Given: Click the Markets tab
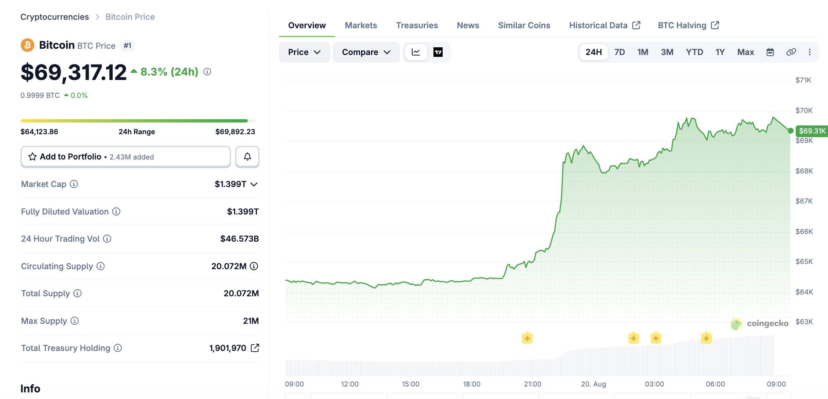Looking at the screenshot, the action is tap(361, 25).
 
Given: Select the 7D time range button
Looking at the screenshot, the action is tap(620, 52).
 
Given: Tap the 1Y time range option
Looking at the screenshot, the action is tap(720, 52).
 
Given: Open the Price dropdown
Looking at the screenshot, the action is tap(304, 52).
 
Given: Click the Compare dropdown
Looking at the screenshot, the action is tap(366, 52).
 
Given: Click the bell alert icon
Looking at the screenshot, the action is tap(247, 157).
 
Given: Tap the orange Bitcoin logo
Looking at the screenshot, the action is tap(28, 45).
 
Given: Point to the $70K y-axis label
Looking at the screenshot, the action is tap(804, 110).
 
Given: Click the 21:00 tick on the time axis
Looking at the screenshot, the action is tap(532, 384).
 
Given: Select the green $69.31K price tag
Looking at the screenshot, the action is tap(812, 131).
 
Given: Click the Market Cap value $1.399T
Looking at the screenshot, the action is tap(230, 184).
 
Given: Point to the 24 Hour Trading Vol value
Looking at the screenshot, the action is tap(239, 239).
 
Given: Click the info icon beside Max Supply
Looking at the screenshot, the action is tap(75, 321).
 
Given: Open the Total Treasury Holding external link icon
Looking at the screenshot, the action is tap(255, 348).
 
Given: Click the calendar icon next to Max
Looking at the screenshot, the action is tap(770, 52).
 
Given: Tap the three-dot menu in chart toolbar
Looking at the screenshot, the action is tap(810, 52).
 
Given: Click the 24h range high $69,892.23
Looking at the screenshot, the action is tap(235, 132).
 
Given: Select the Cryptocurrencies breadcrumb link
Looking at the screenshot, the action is tap(55, 17).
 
